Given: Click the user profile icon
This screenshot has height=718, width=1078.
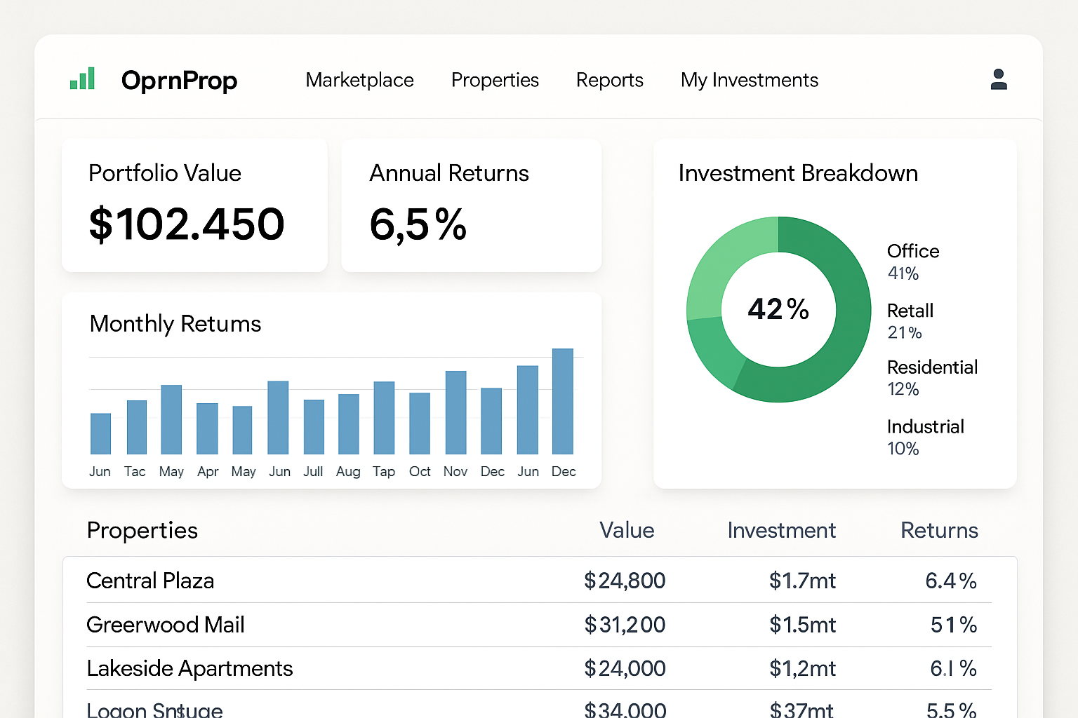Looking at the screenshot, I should [x=998, y=79].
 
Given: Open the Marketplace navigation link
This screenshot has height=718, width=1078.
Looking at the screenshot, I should [x=359, y=80].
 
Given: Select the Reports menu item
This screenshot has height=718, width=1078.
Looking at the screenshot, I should [x=609, y=80].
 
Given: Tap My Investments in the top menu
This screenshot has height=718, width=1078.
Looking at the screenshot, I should [x=749, y=80].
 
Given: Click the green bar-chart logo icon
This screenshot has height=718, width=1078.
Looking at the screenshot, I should [x=83, y=79].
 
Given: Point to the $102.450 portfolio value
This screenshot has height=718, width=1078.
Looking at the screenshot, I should [x=187, y=224].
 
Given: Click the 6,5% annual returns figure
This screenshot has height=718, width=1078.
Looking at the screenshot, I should [x=418, y=224].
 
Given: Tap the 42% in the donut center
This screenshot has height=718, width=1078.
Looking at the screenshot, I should [x=778, y=309].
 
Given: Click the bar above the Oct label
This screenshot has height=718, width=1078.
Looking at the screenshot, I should [x=420, y=424].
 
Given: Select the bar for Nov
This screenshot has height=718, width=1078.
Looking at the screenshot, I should [x=455, y=412].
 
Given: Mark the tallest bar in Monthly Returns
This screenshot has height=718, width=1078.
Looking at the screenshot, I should [x=563, y=401].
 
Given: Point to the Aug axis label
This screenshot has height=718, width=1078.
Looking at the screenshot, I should [x=348, y=472].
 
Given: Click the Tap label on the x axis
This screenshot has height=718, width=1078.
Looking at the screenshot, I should [x=384, y=472].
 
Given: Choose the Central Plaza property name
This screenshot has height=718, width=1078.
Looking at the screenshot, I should [x=150, y=581].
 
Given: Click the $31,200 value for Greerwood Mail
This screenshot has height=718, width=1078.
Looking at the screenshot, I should [x=625, y=625].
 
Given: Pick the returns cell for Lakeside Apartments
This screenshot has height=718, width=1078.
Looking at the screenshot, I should [x=953, y=668].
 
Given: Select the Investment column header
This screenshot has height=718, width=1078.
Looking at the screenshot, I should [x=781, y=530].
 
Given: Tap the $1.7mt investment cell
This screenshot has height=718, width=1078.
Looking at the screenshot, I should [x=802, y=581].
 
